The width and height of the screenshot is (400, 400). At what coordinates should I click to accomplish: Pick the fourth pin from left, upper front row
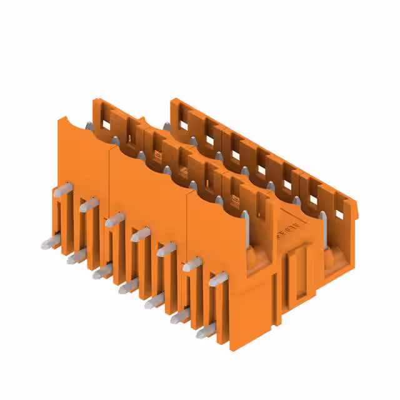coord(141,234)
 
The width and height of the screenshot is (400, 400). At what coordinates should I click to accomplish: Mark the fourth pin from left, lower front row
coord(128,286)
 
